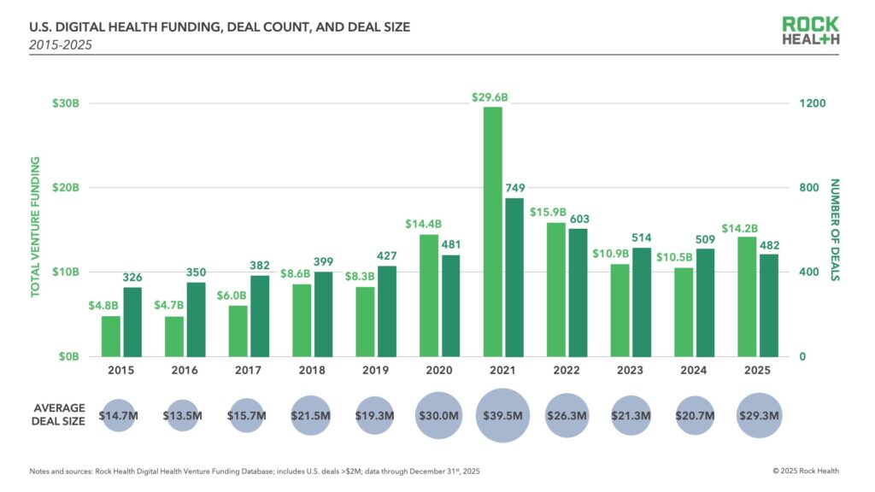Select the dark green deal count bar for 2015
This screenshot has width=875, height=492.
click(x=132, y=322)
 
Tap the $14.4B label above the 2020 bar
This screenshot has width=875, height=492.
click(x=422, y=224)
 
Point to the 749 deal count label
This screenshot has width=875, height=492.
click(x=515, y=188)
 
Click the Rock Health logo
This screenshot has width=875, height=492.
click(x=810, y=32)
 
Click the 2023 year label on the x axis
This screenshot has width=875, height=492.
click(x=630, y=371)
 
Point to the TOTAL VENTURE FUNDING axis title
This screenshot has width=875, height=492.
click(x=36, y=231)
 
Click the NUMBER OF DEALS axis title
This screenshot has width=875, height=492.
click(x=835, y=231)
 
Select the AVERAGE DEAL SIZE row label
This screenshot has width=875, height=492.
click(x=60, y=415)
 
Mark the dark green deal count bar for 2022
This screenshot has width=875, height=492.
click(x=578, y=292)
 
